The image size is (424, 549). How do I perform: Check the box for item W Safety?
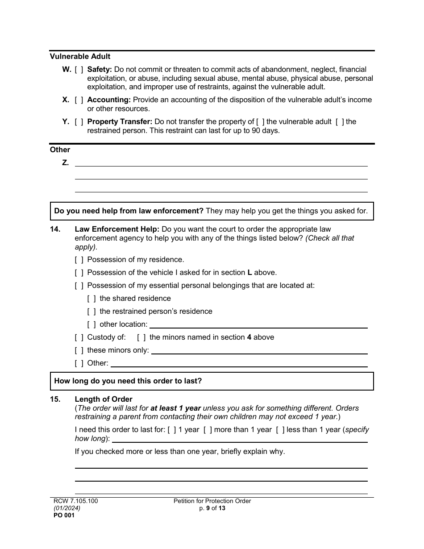pos(79,70)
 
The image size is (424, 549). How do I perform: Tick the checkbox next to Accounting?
pos(79,100)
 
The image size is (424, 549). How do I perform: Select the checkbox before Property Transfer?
pos(79,122)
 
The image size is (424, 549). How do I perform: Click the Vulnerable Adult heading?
pos(80,57)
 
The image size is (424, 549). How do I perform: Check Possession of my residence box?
pos(79,260)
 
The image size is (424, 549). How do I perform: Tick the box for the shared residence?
pos(91,299)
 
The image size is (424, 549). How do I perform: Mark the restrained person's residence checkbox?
pos(91,312)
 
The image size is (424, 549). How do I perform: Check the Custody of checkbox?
pos(79,337)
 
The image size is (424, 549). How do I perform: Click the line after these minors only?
pos(259,351)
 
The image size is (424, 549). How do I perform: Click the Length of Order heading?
pos(104,399)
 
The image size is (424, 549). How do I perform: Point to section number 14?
pos(55,229)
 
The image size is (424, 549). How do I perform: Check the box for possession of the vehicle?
pos(79,273)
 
